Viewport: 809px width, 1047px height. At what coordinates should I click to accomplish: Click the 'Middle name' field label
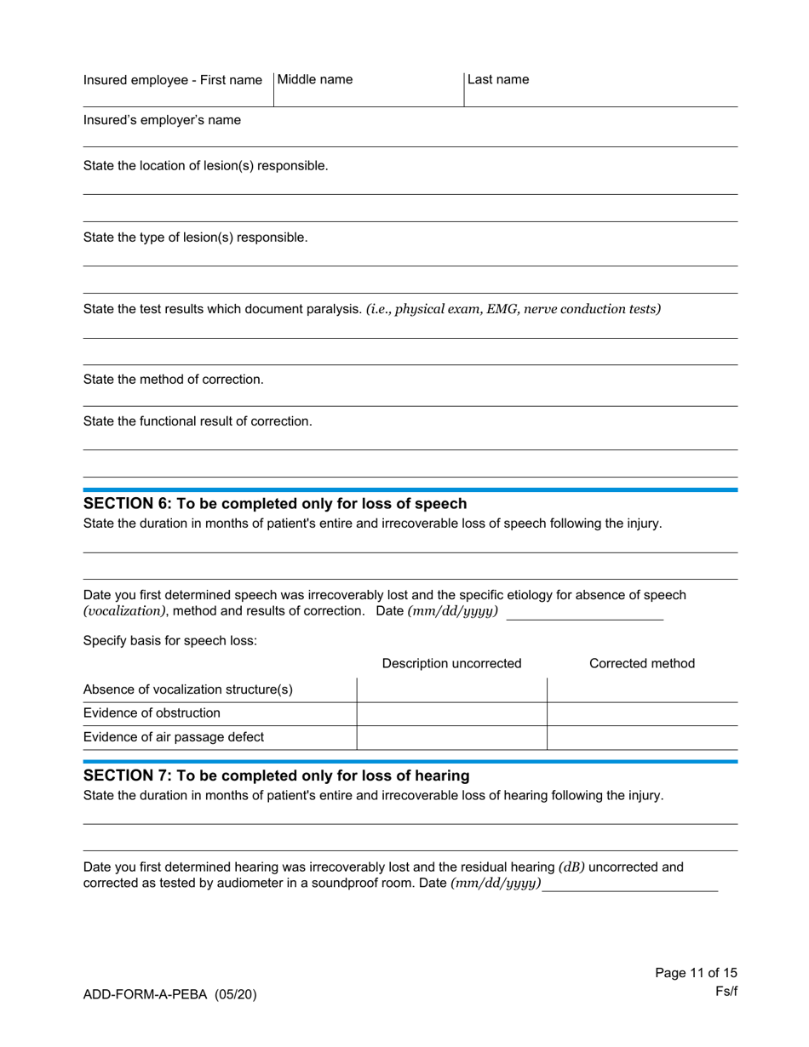click(315, 80)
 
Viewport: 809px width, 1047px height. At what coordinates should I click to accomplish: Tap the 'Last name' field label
click(498, 80)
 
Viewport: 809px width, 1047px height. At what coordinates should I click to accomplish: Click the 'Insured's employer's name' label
click(162, 120)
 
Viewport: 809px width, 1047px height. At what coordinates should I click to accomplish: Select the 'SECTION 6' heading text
click(274, 504)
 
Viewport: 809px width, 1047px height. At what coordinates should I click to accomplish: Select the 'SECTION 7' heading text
click(276, 776)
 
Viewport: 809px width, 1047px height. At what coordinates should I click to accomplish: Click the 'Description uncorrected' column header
click(451, 664)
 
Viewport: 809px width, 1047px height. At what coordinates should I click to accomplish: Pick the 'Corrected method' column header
click(642, 664)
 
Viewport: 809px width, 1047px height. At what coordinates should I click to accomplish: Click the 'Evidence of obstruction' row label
click(152, 713)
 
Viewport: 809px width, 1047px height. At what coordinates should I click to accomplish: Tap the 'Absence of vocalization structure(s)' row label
click(188, 689)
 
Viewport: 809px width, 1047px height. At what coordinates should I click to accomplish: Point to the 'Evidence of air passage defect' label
click(174, 737)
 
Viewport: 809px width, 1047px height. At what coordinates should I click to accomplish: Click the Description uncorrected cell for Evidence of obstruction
click(451, 714)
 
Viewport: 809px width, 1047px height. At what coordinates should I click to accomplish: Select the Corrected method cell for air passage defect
click(642, 738)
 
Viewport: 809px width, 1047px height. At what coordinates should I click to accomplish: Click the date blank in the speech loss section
click(584, 613)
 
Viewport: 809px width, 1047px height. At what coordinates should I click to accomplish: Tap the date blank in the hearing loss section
click(630, 884)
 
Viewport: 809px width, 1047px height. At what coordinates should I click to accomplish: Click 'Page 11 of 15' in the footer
click(696, 973)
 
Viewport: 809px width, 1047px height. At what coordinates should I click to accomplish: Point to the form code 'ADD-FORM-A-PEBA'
click(146, 994)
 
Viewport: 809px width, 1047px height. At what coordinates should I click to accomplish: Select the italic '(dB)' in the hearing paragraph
click(571, 867)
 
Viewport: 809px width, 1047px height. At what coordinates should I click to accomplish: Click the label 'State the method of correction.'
click(173, 380)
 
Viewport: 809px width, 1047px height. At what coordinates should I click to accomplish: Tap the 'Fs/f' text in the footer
click(726, 992)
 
